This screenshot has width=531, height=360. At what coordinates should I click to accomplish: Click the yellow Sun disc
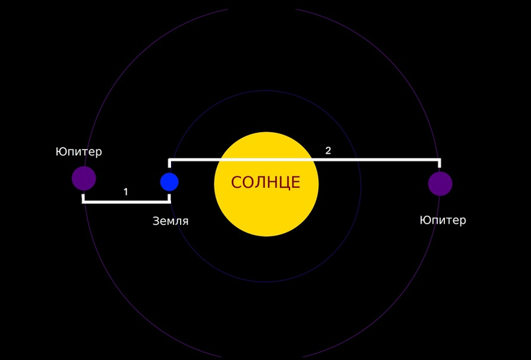tap(266, 185)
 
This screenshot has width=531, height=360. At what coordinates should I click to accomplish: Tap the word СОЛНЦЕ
tap(265, 182)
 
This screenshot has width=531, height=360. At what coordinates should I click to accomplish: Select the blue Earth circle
tap(169, 182)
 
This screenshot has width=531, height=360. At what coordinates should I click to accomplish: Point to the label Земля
tap(170, 221)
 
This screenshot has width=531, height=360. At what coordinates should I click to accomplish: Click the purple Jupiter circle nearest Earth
tap(84, 179)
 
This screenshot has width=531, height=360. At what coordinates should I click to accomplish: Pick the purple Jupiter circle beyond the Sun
tap(440, 183)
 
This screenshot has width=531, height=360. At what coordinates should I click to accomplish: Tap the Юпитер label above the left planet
tap(78, 152)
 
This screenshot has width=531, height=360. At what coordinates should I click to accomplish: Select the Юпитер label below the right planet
tap(443, 220)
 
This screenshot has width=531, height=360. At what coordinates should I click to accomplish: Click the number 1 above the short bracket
tap(126, 192)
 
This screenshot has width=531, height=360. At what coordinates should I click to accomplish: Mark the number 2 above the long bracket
tap(328, 151)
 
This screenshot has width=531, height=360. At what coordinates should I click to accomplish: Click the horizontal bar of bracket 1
tap(126, 202)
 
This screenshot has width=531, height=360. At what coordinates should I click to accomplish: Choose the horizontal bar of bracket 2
tap(304, 159)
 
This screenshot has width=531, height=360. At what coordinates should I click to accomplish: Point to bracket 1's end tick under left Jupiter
tap(84, 199)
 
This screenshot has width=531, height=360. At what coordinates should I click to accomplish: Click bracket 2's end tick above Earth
tap(169, 163)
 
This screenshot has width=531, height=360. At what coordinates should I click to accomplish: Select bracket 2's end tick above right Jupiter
tap(440, 163)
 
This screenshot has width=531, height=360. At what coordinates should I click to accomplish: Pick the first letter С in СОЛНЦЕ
tap(236, 182)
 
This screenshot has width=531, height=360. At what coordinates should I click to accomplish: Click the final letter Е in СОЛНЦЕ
tap(296, 182)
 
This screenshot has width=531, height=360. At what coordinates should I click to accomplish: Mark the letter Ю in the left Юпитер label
tap(60, 152)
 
